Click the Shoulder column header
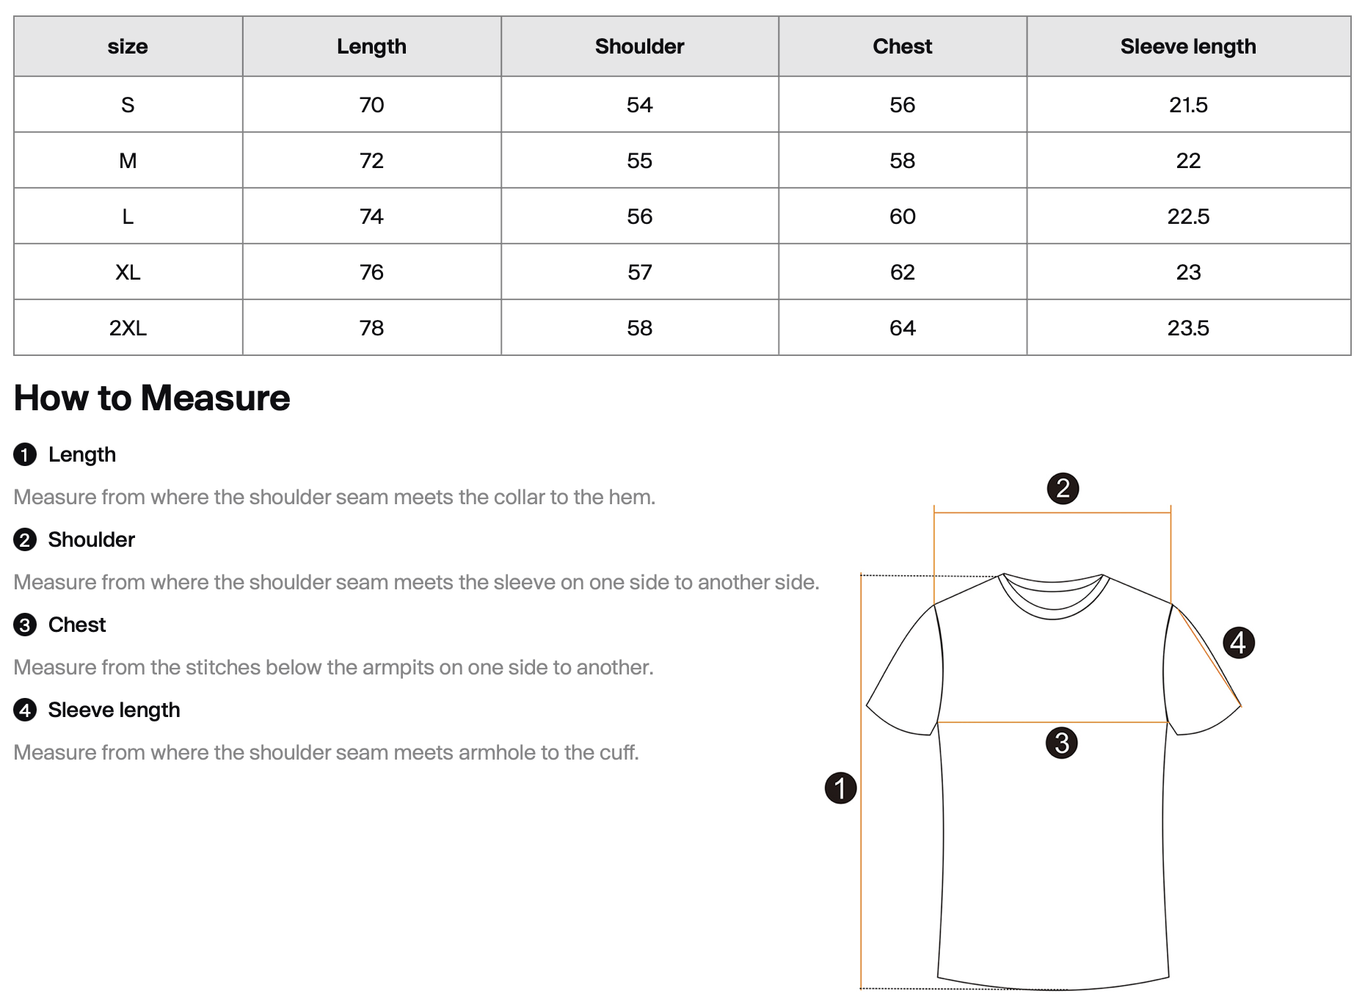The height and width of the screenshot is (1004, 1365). [x=639, y=46]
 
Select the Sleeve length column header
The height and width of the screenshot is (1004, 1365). [x=1187, y=46]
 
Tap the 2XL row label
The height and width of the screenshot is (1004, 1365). [x=128, y=328]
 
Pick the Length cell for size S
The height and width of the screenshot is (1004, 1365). [x=371, y=105]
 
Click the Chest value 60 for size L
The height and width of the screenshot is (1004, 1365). [x=902, y=217]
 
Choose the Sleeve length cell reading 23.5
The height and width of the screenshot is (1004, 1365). [x=1187, y=328]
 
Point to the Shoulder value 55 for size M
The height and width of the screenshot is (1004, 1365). [x=639, y=161]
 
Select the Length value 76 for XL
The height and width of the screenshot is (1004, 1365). [x=371, y=272]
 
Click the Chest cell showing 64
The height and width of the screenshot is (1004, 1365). [x=902, y=328]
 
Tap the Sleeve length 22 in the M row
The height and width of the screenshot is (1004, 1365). [x=1187, y=161]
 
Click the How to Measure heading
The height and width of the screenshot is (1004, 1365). [x=152, y=398]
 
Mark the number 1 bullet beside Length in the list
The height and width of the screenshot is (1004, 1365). [x=25, y=455]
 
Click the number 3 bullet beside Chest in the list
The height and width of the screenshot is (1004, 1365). [x=25, y=625]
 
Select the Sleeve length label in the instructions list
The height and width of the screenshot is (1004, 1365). [x=114, y=710]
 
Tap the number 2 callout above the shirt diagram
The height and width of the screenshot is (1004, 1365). [x=1063, y=489]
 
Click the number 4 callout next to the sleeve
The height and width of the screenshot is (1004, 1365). [x=1239, y=643]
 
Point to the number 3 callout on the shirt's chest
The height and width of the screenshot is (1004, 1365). [x=1061, y=743]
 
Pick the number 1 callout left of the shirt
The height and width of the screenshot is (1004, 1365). [x=840, y=788]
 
